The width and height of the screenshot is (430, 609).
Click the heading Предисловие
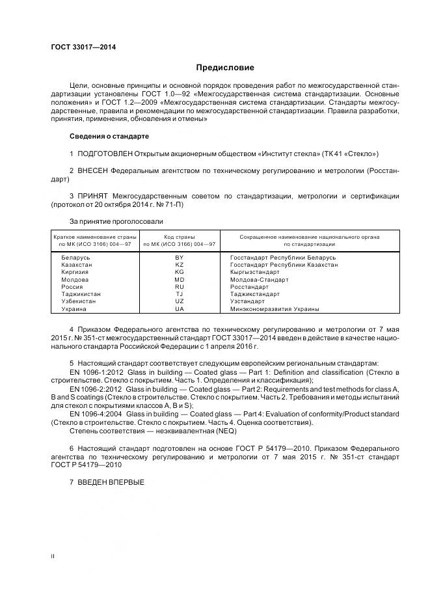(225, 68)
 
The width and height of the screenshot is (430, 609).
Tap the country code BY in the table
(180, 258)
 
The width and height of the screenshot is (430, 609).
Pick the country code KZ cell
(180, 265)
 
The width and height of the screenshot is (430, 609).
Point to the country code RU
(180, 287)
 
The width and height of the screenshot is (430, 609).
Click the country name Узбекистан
(79, 301)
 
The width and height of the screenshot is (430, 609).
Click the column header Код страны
(180, 237)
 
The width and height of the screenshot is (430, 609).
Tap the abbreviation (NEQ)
(225, 431)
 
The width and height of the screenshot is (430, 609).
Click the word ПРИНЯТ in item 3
(94, 196)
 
